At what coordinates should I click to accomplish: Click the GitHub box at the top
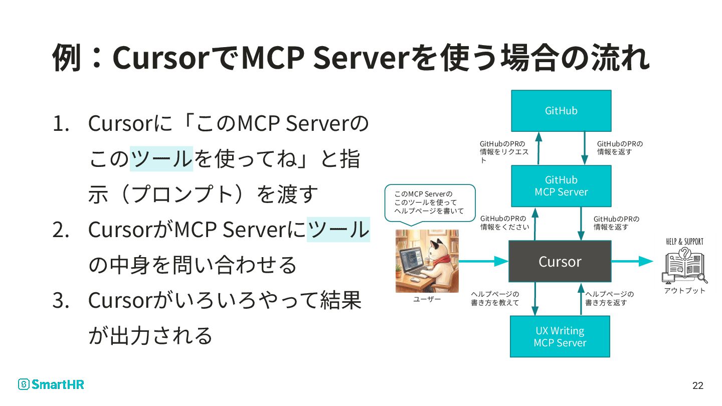561,111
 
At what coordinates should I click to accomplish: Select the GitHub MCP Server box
561,186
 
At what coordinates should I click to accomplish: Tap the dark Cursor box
560,261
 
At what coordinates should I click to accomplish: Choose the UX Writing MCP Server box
560,336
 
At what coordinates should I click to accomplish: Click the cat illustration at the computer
427,261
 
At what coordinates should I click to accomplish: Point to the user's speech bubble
429,202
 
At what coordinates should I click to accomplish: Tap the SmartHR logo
51,384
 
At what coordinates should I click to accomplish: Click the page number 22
697,385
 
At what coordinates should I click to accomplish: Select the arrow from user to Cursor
483,261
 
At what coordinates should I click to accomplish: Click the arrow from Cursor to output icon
632,261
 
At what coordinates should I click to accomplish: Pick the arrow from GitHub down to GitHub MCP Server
585,148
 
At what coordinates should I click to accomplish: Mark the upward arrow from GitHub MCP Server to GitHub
538,148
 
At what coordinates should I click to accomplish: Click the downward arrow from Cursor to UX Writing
536,299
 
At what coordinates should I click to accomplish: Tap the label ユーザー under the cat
427,299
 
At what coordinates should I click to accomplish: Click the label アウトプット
684,291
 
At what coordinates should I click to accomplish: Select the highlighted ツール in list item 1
161,159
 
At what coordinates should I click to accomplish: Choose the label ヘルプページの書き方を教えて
495,298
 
